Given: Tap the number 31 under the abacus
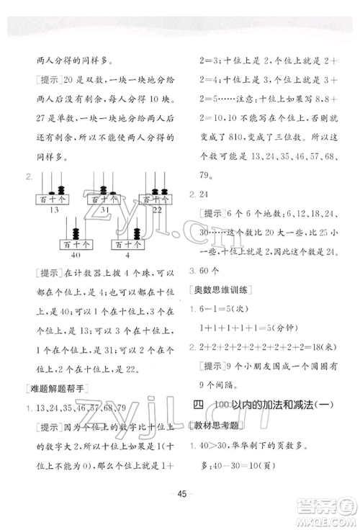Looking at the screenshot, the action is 105,210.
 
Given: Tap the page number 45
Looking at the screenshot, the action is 179,513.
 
